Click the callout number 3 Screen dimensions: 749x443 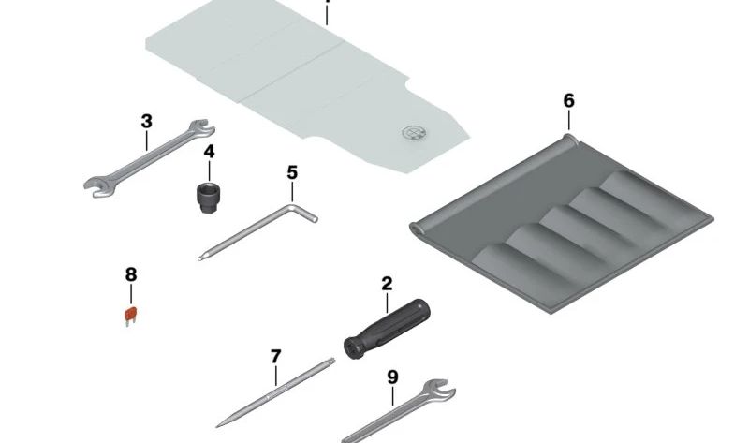[147, 122]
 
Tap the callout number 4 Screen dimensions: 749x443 [209, 152]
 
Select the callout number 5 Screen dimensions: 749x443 [292, 172]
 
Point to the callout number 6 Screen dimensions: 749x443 [569, 101]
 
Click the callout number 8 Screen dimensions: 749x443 [131, 274]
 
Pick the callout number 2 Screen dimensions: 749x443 [387, 284]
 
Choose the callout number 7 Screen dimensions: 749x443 [275, 357]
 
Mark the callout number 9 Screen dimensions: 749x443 [392, 377]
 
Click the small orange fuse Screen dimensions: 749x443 [131, 317]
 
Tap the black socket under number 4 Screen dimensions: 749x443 [208, 198]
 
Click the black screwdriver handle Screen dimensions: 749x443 [387, 329]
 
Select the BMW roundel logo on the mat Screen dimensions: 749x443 [414, 133]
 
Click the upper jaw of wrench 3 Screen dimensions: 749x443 [202, 128]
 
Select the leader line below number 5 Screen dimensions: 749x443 [292, 192]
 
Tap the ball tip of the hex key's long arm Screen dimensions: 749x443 [200, 258]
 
